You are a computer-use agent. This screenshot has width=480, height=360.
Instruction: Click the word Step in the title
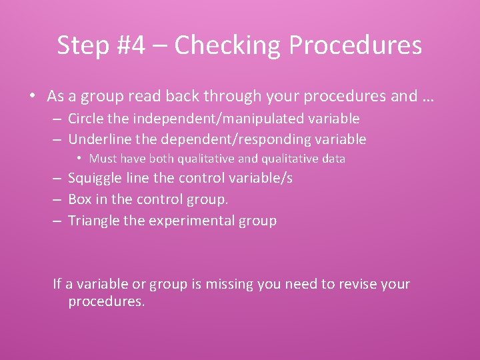pos(81,46)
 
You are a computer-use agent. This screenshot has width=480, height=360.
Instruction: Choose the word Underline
pos(97,139)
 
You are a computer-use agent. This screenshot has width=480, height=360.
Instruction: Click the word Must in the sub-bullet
pos(103,159)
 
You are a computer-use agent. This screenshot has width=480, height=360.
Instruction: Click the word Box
pos(79,199)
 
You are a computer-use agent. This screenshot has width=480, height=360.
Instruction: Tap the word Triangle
pos(94,221)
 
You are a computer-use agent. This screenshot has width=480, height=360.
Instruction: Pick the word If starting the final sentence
pos(57,284)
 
